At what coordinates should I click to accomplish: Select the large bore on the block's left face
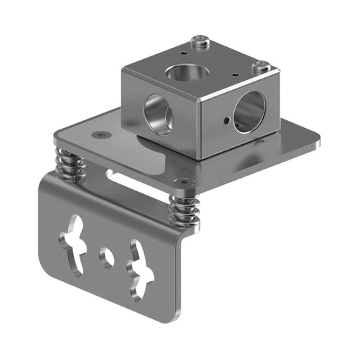point(157,112)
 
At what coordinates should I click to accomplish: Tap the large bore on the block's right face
point(249,112)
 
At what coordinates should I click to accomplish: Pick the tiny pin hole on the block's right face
point(225,121)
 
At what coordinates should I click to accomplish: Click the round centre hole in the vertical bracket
point(107,257)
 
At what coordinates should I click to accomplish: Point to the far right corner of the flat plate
point(316,141)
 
